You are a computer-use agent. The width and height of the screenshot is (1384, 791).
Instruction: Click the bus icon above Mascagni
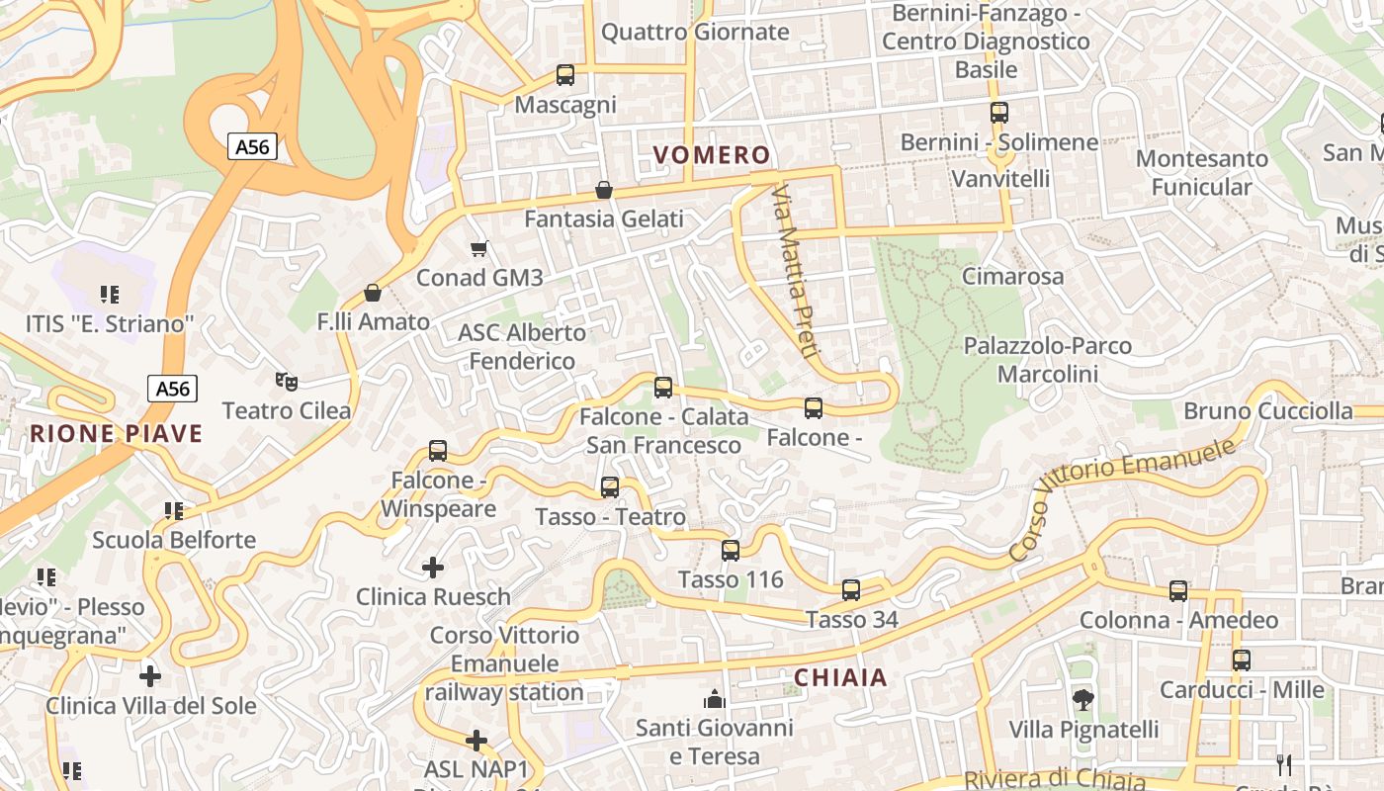coord(565,74)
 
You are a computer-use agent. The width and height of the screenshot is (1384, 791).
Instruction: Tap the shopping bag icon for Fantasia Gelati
coord(604,190)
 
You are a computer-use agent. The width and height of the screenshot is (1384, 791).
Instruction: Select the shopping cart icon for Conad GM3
coord(479,248)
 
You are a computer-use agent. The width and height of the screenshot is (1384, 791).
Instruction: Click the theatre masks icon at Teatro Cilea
coord(287,381)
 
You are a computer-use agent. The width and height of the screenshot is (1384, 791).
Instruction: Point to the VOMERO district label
coord(712,155)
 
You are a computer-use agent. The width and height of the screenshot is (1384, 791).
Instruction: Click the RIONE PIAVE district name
coord(116,434)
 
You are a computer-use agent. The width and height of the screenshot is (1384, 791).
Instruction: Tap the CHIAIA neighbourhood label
coord(841,678)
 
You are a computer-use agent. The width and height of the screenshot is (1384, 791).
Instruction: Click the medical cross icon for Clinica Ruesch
coord(433,568)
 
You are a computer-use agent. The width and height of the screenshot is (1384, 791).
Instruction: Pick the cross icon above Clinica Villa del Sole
coord(150,676)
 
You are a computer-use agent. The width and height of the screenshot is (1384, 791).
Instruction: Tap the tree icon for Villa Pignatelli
coord(1083,700)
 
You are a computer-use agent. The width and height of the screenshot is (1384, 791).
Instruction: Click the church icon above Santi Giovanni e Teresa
coord(715,699)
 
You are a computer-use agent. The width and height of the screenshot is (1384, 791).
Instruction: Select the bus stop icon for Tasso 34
coord(851,590)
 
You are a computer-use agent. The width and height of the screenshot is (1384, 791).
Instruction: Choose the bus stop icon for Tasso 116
coord(731,551)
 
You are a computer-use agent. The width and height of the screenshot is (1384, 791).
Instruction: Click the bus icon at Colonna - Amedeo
coord(1178,591)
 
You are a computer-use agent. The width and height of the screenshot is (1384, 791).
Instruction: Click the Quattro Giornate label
coord(695,32)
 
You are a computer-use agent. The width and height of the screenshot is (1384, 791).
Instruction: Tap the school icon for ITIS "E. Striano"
coord(110,295)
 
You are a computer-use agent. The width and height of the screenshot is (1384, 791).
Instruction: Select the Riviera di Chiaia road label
coord(1054,780)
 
